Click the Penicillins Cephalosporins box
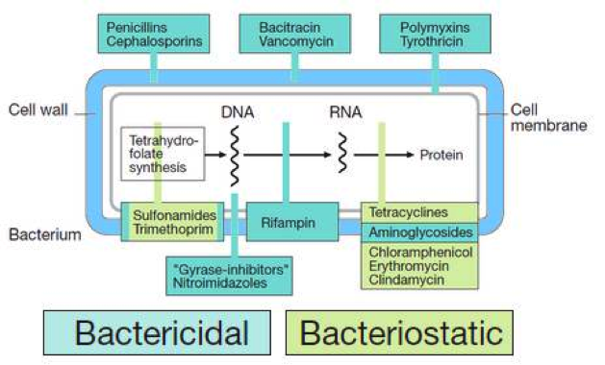[x=154, y=34]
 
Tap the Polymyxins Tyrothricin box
[x=435, y=34]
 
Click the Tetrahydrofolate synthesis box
[x=164, y=154]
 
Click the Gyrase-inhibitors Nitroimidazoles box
[x=227, y=274]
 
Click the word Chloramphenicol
[x=416, y=252]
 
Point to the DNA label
[x=238, y=112]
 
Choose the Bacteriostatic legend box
[x=400, y=332]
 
